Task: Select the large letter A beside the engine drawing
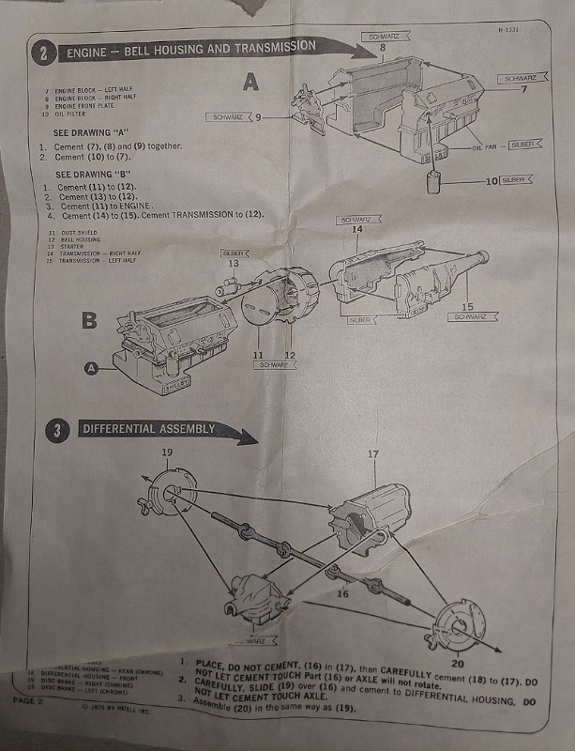250,83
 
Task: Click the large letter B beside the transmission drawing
89,321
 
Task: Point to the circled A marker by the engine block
92,369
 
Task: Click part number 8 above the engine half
382,47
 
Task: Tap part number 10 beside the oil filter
492,179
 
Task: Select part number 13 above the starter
233,264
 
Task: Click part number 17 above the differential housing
372,454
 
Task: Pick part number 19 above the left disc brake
167,452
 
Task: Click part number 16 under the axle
342,593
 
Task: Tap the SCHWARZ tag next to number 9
228,118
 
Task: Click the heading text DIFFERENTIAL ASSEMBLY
149,429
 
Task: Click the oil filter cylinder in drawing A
434,181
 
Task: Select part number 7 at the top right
524,89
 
